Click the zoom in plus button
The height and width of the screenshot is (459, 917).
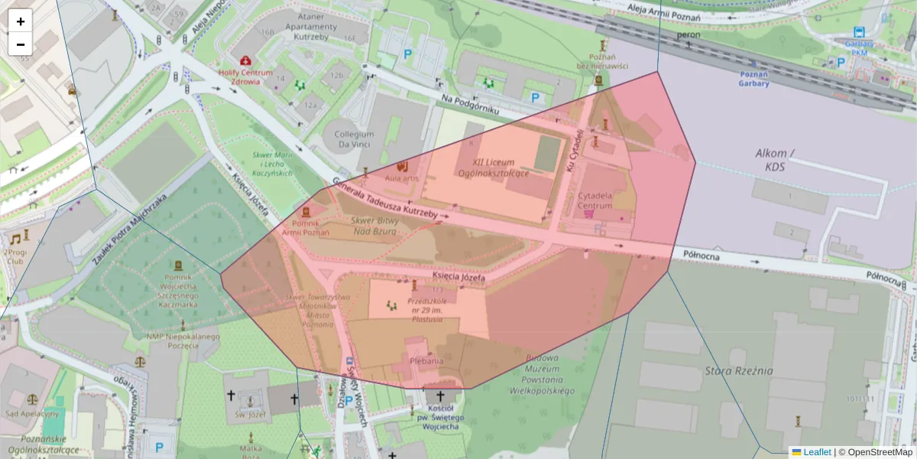(x=21, y=21)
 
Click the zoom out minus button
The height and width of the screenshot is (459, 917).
(x=21, y=44)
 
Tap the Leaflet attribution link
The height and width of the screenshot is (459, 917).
(x=816, y=452)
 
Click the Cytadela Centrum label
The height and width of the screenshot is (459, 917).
(x=595, y=200)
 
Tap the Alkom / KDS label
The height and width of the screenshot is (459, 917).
(x=775, y=158)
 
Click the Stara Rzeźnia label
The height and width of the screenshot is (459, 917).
(x=738, y=371)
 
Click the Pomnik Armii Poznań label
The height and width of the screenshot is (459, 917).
(x=306, y=227)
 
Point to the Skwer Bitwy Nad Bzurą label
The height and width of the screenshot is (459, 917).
(x=374, y=225)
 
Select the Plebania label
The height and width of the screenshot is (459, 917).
(x=426, y=360)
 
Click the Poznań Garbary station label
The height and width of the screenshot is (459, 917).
(x=753, y=80)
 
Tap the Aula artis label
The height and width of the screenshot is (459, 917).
(x=403, y=178)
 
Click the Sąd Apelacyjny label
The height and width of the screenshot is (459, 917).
(x=31, y=413)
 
